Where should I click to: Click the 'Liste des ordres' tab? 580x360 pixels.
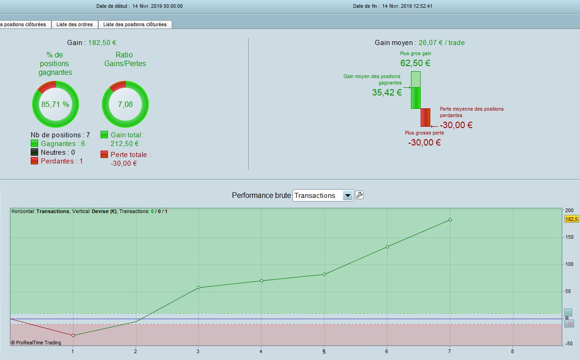click(x=74, y=24)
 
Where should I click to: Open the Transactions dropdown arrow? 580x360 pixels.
click(x=348, y=195)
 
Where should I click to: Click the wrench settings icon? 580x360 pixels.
click(x=359, y=195)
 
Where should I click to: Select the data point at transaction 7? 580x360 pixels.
click(x=450, y=219)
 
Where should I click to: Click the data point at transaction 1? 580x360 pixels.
click(x=73, y=335)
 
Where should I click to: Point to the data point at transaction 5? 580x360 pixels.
click(x=324, y=274)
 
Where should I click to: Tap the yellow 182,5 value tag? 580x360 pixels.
click(x=571, y=219)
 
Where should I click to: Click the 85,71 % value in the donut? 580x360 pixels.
click(x=55, y=104)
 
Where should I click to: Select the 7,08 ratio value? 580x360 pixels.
click(x=125, y=104)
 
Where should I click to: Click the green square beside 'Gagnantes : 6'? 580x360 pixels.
click(x=34, y=143)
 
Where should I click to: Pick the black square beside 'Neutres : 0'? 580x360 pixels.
click(x=34, y=152)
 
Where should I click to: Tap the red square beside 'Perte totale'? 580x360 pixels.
click(x=104, y=154)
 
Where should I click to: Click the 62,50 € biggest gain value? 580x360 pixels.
click(x=415, y=63)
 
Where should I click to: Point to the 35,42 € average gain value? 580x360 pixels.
click(x=387, y=92)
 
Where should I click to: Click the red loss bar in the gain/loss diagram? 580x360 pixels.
click(x=425, y=118)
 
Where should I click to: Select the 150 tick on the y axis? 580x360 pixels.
click(x=569, y=237)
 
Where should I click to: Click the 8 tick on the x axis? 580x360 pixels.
click(x=512, y=351)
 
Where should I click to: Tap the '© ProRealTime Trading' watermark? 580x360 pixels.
click(x=36, y=343)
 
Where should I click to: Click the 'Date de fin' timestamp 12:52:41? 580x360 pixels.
click(x=423, y=6)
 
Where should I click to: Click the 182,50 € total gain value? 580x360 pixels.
click(x=102, y=43)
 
